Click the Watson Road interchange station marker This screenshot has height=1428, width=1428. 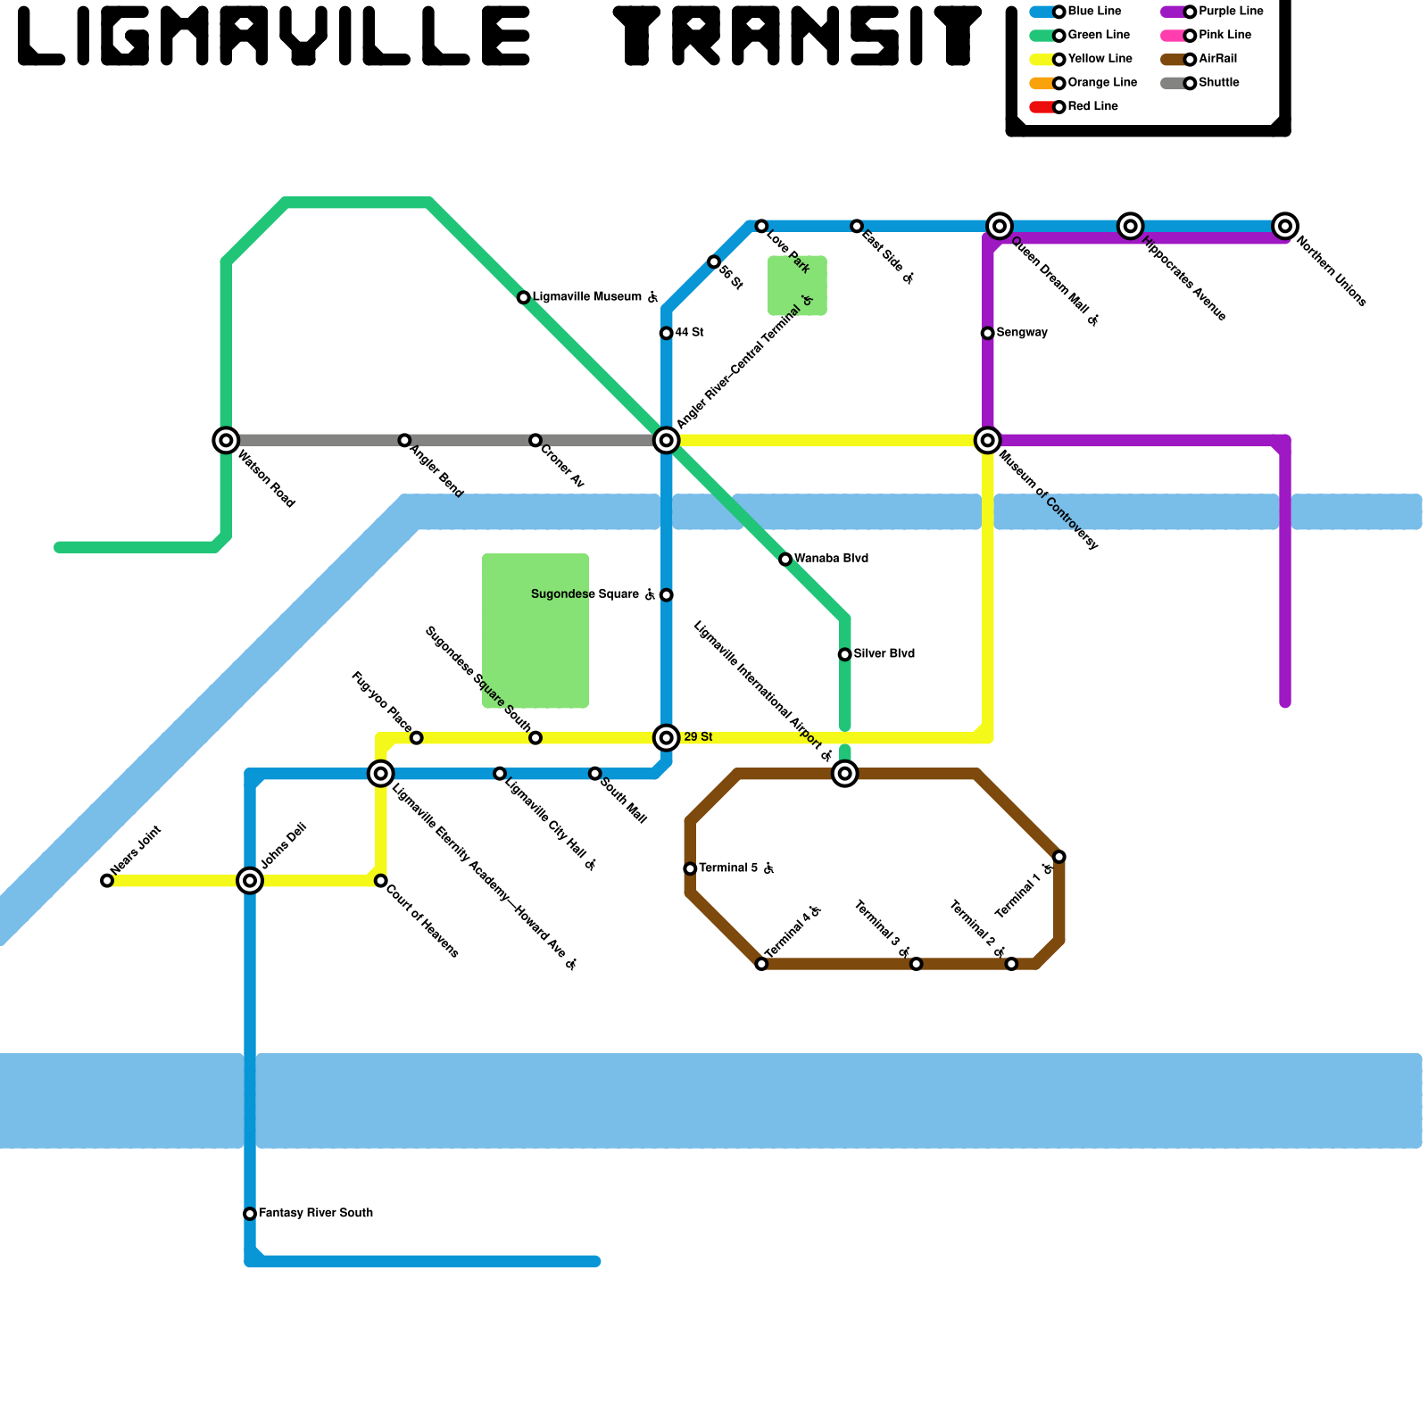pyautogui.click(x=226, y=440)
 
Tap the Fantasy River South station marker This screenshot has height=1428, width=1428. pyautogui.click(x=250, y=1214)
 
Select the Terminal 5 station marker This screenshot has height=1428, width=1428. pyautogui.click(x=690, y=868)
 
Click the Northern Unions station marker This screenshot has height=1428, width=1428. pyautogui.click(x=1284, y=226)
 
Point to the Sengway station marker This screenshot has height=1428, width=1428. pyautogui.click(x=987, y=333)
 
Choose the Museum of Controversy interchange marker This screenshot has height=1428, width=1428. pyautogui.click(x=987, y=440)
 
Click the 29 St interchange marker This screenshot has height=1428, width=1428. pyautogui.click(x=666, y=737)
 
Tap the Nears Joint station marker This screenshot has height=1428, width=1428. pyautogui.click(x=107, y=881)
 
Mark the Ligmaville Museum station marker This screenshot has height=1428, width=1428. pyautogui.click(x=524, y=297)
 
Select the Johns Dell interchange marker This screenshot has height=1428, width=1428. pyautogui.click(x=250, y=881)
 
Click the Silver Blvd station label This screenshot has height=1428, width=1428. pyautogui.click(x=884, y=654)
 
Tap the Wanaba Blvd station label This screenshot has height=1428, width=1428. pyautogui.click(x=831, y=559)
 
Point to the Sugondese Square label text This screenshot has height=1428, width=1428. pyautogui.click(x=585, y=594)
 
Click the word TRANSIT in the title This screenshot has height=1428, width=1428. pyautogui.click(x=797, y=37)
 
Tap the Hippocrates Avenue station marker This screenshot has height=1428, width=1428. pyautogui.click(x=1130, y=226)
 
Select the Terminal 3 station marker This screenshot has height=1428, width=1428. pyautogui.click(x=916, y=964)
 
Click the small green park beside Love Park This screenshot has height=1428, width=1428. pyautogui.click(x=797, y=286)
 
